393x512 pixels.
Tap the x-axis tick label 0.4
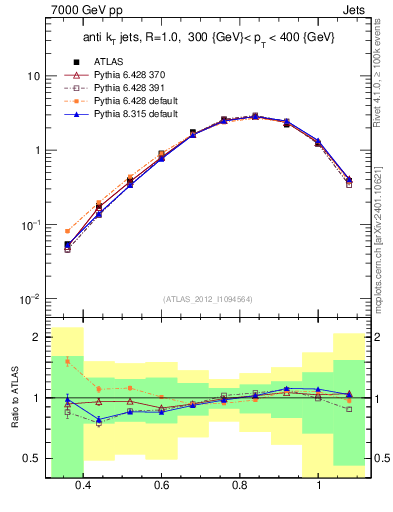[83, 486]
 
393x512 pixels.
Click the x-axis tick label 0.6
[162, 486]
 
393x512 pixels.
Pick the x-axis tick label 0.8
[240, 486]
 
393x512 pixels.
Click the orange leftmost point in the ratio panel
[67, 361]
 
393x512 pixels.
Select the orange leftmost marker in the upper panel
[67, 231]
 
